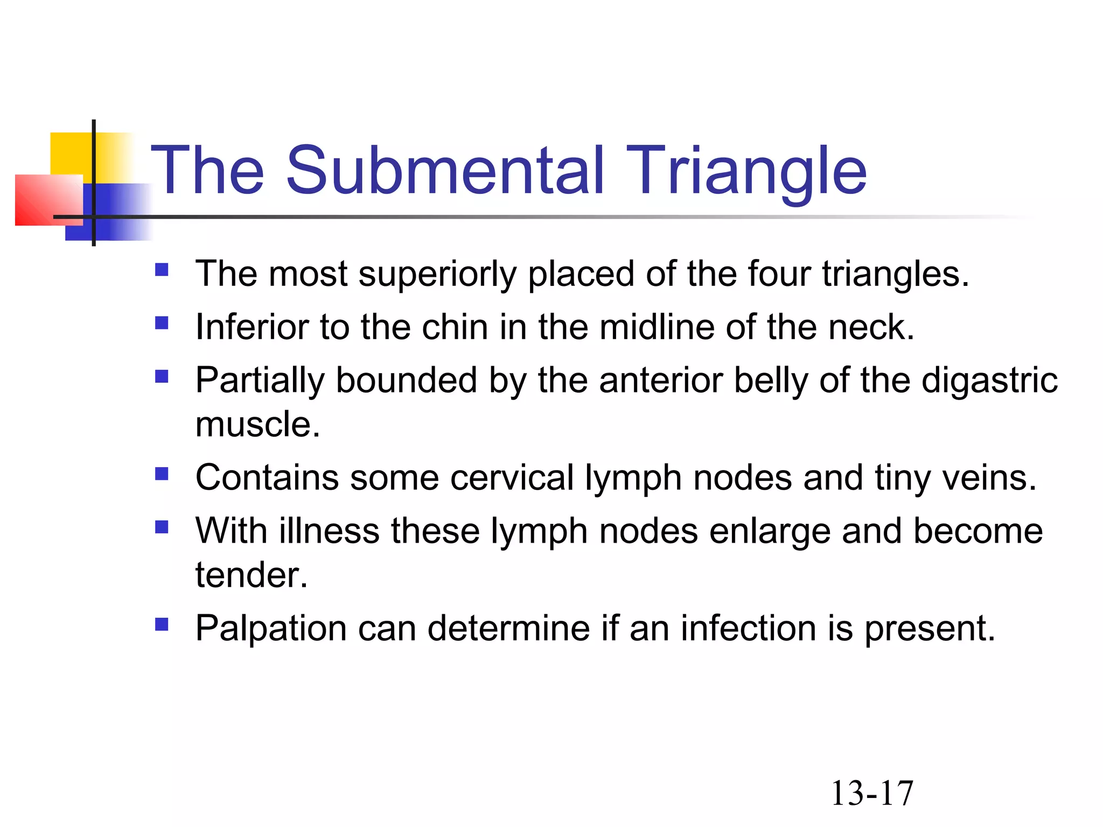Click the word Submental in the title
click(445, 171)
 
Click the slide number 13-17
click(872, 793)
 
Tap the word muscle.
click(257, 425)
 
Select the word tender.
click(251, 575)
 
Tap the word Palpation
click(271, 628)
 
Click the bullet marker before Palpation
click(162, 624)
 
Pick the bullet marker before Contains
click(162, 473)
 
